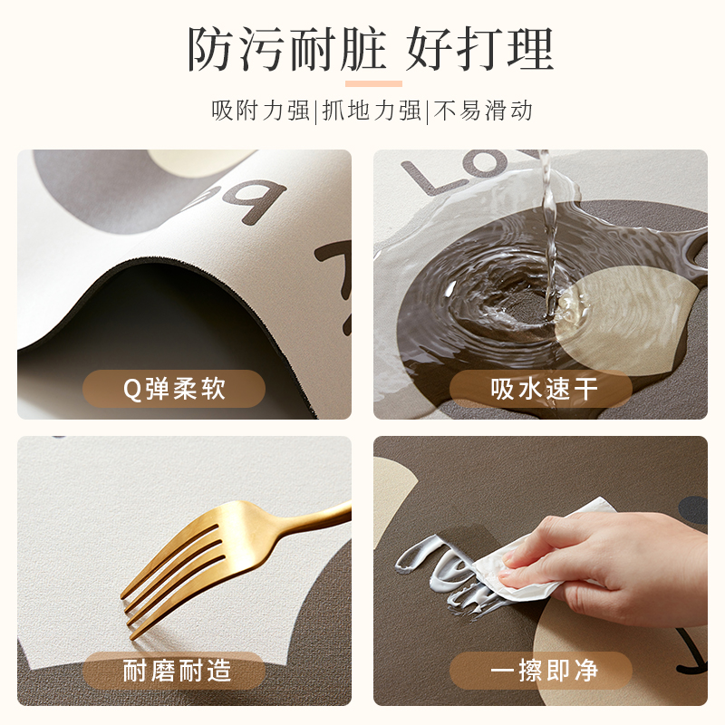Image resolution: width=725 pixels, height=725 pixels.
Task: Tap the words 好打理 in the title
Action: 480,50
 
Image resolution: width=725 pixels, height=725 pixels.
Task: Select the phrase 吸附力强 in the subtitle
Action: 261,111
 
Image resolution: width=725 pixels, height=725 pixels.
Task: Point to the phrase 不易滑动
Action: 483,111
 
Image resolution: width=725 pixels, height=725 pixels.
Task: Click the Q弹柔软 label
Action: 174,389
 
